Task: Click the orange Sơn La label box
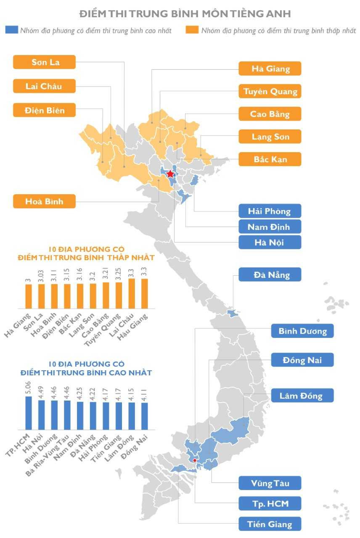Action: coord(45,63)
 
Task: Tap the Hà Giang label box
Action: coord(270,69)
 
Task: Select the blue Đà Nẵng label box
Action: coord(270,275)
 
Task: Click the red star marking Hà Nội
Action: coord(170,174)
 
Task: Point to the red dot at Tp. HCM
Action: coord(194,460)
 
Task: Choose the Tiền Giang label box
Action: coord(270,524)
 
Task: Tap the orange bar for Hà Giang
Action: coord(29,296)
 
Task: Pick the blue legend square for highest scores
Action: coord(12,30)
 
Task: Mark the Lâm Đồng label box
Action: coord(302,396)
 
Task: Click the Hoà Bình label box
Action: coord(45,201)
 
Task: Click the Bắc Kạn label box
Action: coord(270,160)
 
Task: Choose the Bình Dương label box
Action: coord(302,331)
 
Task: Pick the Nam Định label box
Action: coord(270,227)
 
